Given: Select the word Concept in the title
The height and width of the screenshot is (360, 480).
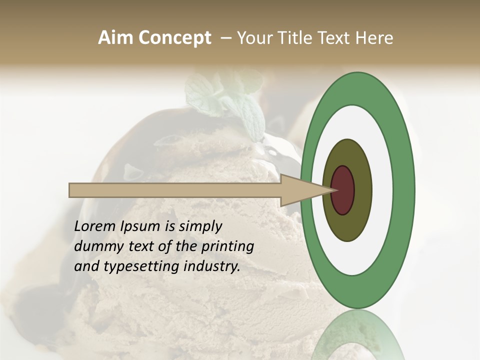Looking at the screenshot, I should (175, 38).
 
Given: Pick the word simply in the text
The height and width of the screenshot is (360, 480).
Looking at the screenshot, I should (199, 226).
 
